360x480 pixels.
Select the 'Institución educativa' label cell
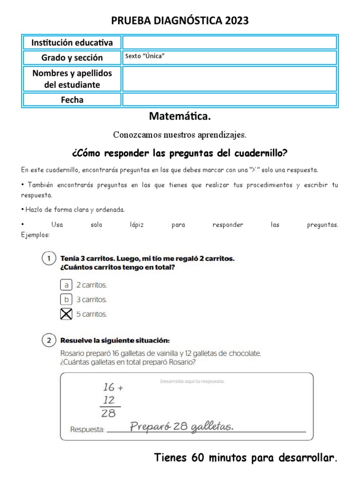(72, 43)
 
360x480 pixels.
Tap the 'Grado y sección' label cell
(72, 58)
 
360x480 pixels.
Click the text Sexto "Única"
(145, 56)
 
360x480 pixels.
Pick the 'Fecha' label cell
(72, 99)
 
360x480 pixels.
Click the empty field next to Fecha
(229, 99)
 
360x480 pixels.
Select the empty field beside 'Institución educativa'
(229, 43)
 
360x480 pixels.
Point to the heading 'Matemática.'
(180, 116)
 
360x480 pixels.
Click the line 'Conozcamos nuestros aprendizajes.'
(180, 135)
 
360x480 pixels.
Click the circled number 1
(48, 259)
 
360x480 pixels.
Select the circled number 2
(48, 341)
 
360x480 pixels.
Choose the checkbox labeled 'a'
(67, 285)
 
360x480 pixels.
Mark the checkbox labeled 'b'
(67, 299)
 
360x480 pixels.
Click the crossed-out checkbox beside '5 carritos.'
(67, 314)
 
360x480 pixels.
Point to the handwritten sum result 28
(109, 413)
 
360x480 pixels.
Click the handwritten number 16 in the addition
(109, 387)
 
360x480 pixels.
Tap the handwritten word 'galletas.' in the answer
(211, 427)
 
